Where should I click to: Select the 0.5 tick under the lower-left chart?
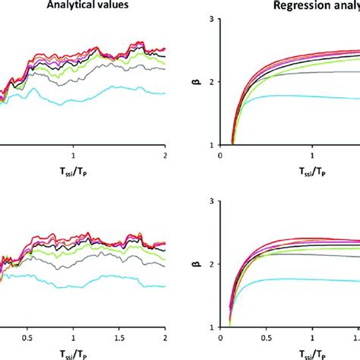point(27,335)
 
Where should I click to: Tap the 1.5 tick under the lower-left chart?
point(119,335)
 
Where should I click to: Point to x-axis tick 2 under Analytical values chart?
point(165,153)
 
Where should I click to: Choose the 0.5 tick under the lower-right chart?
point(266,335)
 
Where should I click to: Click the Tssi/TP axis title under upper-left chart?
point(74,171)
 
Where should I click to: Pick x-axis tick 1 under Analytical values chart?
point(74,153)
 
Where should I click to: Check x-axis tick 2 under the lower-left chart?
point(165,335)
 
